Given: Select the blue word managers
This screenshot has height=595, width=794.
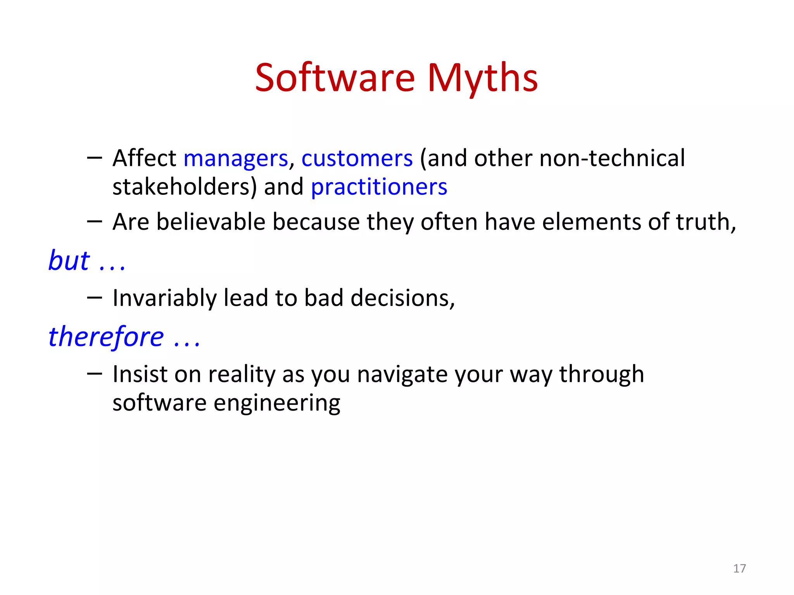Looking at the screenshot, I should (236, 158).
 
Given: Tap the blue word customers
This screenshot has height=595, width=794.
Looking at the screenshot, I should (357, 158).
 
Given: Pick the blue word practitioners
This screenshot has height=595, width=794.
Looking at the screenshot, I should (379, 187).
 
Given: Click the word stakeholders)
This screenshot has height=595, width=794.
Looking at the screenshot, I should (185, 187).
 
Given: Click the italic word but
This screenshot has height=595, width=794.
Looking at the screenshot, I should (69, 260).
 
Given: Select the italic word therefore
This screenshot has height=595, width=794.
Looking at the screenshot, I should (106, 336).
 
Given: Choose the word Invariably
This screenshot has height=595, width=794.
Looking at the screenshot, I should (164, 298).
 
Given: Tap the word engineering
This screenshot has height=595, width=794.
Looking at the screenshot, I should (277, 404).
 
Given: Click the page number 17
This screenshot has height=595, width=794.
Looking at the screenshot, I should (739, 568).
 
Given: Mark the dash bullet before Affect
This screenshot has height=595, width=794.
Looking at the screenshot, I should (95, 158).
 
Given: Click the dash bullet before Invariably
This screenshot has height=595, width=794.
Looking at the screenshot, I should (95, 297).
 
